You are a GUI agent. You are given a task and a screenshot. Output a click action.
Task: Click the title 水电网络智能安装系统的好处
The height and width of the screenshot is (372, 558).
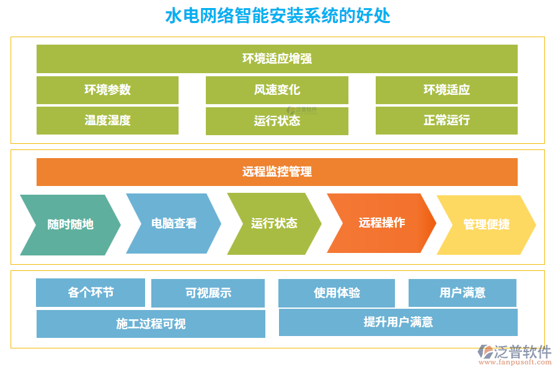pyautogui.click(x=278, y=15)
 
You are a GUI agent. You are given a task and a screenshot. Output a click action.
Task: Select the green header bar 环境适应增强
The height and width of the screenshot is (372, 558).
pyautogui.click(x=277, y=59)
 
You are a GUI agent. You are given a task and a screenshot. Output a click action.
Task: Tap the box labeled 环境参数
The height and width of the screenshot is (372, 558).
pyautogui.click(x=107, y=90)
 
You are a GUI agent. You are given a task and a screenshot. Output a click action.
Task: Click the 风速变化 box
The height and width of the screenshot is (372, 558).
pyautogui.click(x=277, y=90)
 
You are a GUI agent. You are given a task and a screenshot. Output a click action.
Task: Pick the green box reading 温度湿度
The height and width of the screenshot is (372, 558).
pyautogui.click(x=107, y=120)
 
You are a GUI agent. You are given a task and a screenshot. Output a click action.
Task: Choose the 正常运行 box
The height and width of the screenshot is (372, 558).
pyautogui.click(x=446, y=120)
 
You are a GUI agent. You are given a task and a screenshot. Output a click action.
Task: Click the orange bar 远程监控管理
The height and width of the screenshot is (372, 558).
pyautogui.click(x=277, y=172)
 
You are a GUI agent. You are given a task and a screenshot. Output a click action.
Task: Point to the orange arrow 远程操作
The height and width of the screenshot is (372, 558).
pyautogui.click(x=381, y=223)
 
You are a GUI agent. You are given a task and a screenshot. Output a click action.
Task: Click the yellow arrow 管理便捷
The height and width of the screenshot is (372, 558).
pyautogui.click(x=486, y=224)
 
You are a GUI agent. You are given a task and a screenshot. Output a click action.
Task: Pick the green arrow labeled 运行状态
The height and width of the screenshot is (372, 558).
pyautogui.click(x=274, y=223)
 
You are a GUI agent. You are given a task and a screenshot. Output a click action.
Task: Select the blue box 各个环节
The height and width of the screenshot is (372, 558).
pyautogui.click(x=91, y=293)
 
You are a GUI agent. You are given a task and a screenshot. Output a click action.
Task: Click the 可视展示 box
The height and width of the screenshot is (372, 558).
pyautogui.click(x=208, y=293)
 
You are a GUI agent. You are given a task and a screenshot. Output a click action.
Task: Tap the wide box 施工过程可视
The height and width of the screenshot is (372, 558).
pyautogui.click(x=151, y=324)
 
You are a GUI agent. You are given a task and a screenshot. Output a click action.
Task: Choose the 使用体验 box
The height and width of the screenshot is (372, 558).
pyautogui.click(x=337, y=293)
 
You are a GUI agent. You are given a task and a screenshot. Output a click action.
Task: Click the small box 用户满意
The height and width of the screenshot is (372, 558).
pyautogui.click(x=462, y=293)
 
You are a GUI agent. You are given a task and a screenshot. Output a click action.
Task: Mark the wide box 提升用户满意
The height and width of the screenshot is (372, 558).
pyautogui.click(x=398, y=322)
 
